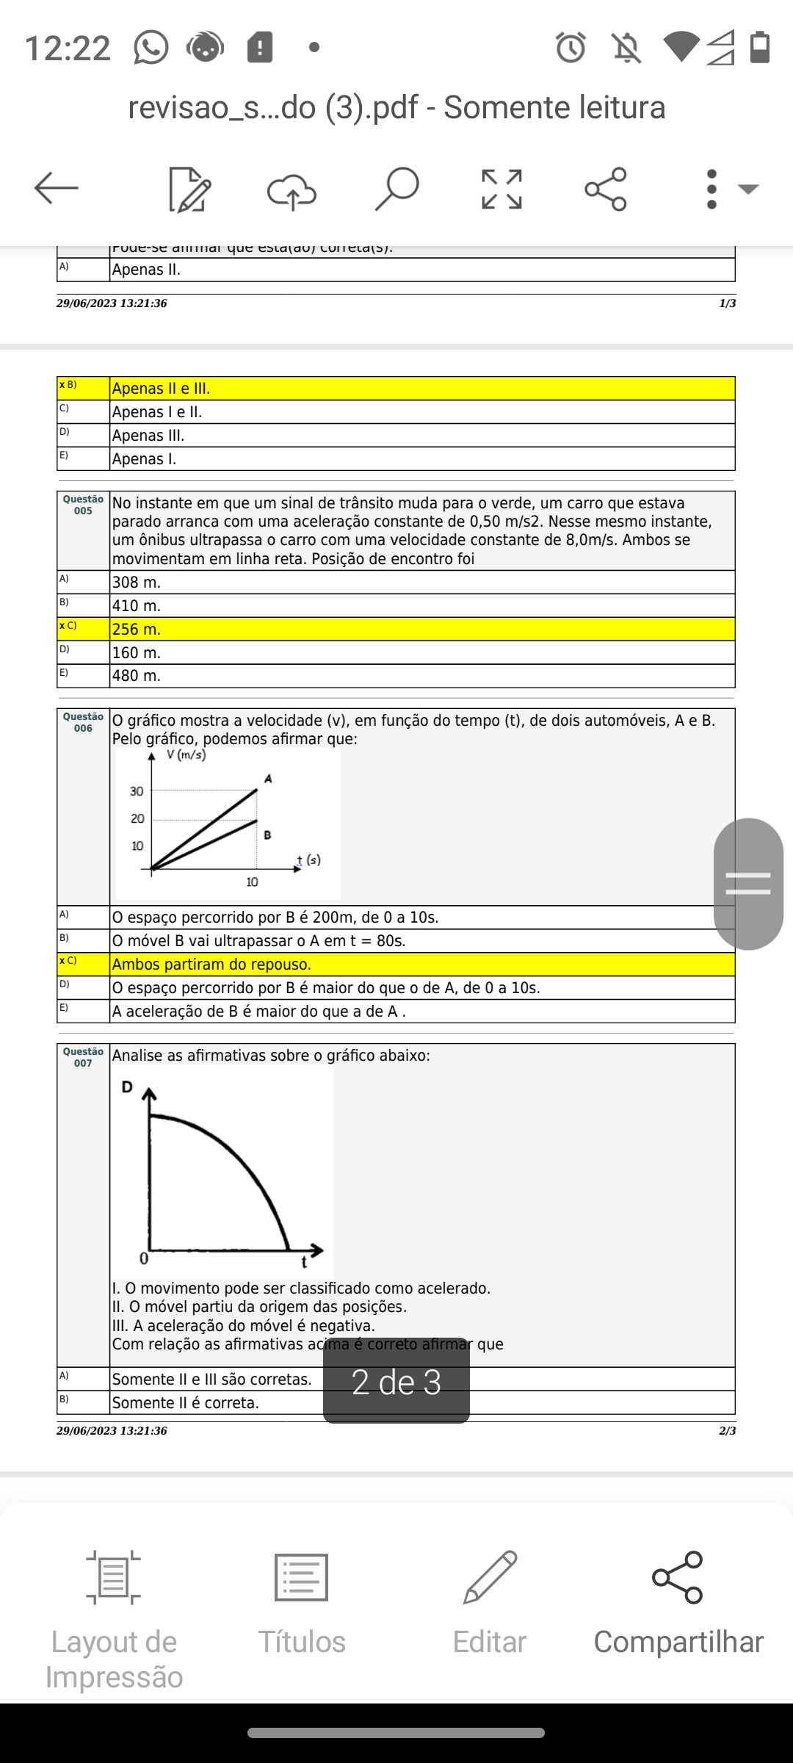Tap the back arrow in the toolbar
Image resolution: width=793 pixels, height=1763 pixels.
point(56,188)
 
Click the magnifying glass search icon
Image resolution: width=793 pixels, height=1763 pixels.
point(396,188)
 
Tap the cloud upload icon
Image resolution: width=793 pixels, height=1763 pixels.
point(292,190)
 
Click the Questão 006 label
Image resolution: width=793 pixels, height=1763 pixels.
point(83,722)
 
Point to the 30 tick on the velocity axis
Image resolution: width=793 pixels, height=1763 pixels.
point(137,791)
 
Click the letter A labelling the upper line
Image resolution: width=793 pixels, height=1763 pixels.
point(268,779)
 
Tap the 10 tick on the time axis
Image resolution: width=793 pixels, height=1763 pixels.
point(252,882)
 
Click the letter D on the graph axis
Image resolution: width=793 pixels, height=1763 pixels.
point(127,1087)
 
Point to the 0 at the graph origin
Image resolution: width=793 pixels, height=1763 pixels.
point(144,1259)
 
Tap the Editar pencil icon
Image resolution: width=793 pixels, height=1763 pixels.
point(490,1576)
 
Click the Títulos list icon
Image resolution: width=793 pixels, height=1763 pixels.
point(301,1576)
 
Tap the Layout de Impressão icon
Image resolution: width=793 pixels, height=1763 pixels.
point(113,1576)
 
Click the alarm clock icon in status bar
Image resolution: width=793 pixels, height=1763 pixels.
point(571,48)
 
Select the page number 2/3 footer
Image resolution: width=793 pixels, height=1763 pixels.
point(727,1430)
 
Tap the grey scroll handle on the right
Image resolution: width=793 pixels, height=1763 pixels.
point(748,884)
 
